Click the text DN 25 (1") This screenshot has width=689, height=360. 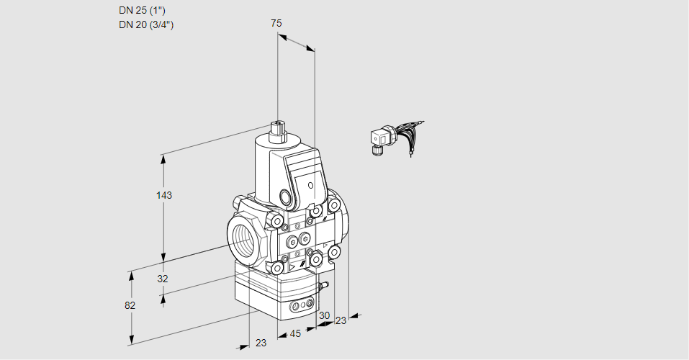[145, 10]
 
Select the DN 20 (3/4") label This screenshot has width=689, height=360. [147, 24]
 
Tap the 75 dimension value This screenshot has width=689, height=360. [276, 24]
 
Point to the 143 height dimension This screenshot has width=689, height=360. [166, 195]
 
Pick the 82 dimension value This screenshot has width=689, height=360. [130, 305]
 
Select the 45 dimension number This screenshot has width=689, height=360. [295, 334]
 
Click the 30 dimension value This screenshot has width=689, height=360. [324, 316]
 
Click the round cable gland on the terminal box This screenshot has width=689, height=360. [286, 197]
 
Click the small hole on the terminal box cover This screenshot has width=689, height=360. [310, 186]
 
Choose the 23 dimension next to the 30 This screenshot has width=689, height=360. [341, 320]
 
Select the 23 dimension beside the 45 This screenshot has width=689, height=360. [261, 343]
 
